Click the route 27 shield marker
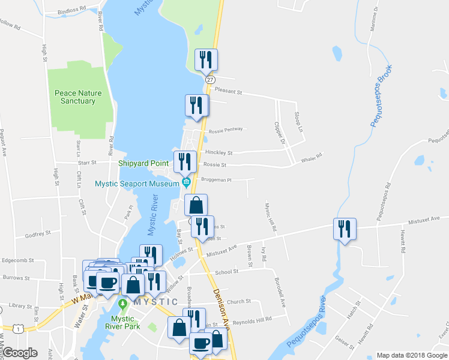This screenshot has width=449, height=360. click(x=209, y=80)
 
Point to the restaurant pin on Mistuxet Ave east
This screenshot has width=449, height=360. click(x=345, y=229)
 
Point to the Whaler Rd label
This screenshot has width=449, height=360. click(x=311, y=156)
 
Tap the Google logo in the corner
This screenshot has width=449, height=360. click(x=20, y=353)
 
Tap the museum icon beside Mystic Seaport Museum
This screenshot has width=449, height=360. click(x=187, y=182)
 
